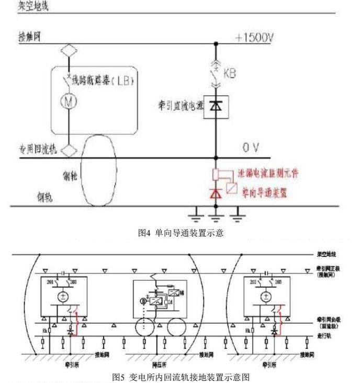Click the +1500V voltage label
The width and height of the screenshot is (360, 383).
click(255, 39)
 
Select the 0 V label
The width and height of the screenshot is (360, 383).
click(251, 149)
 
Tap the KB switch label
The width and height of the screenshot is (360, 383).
click(229, 74)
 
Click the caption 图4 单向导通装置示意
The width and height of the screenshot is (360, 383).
click(181, 233)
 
